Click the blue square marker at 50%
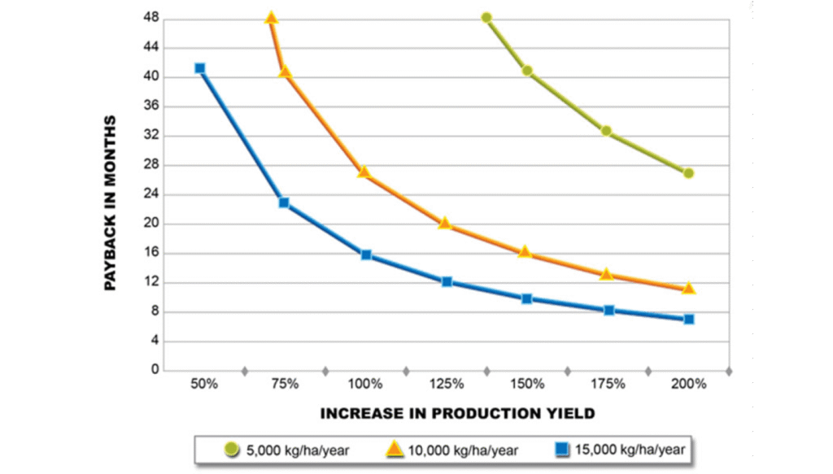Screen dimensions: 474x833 pyautogui.click(x=199, y=68)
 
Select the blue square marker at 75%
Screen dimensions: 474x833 pyautogui.click(x=284, y=202)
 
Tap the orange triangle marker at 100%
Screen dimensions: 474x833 pyautogui.click(x=364, y=172)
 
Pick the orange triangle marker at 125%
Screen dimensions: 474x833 pyautogui.click(x=445, y=223)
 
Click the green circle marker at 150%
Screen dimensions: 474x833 pyautogui.click(x=527, y=72)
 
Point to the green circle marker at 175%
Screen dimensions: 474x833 pyautogui.click(x=606, y=131)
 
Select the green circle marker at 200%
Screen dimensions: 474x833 pyautogui.click(x=688, y=173)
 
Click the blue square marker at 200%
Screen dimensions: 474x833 pyautogui.click(x=689, y=319)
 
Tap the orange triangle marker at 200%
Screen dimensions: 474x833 pyautogui.click(x=688, y=289)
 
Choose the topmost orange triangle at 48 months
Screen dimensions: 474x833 pyautogui.click(x=272, y=18)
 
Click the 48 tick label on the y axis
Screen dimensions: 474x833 pyautogui.click(x=151, y=18)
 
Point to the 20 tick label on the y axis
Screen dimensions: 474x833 pyautogui.click(x=151, y=224)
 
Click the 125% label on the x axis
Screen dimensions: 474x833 pyautogui.click(x=447, y=384)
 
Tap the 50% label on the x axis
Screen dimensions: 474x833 pyautogui.click(x=204, y=384)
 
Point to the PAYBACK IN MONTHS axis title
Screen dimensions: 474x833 pyautogui.click(x=110, y=203)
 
